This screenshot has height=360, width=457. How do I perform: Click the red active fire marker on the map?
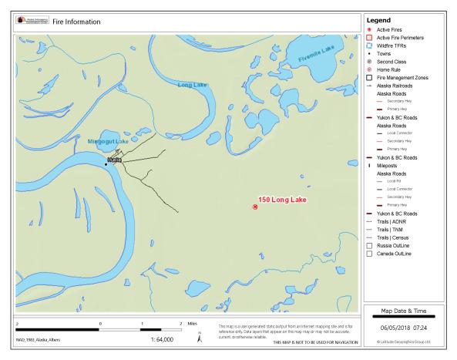point(255,207)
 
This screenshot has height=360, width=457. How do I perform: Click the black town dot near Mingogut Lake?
point(106,164)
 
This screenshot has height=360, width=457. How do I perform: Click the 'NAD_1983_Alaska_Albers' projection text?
point(40,339)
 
